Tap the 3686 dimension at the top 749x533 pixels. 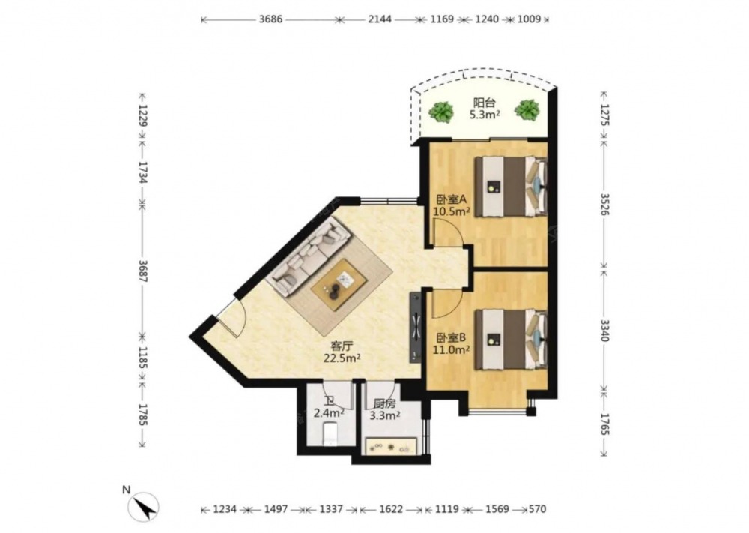coord(270,19)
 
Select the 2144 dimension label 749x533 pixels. coord(380,19)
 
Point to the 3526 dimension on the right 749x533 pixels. coord(604,204)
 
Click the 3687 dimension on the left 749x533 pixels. coord(142,271)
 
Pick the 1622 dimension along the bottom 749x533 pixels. coord(391,510)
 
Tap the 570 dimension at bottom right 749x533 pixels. coord(537,510)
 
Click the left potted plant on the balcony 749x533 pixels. coord(441,112)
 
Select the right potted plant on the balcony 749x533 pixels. coord(527,110)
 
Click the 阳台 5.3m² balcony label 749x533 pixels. coord(485,109)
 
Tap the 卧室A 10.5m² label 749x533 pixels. coord(451,205)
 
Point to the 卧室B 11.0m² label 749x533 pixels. coord(451,343)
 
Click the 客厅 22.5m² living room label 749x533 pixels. coord(342,352)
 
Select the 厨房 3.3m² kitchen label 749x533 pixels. coord(385,409)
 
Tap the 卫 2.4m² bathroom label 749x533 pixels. coord(329,407)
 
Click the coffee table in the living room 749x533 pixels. coord(339,284)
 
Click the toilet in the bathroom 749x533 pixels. coord(330,433)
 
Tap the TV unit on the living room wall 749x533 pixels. coord(416,328)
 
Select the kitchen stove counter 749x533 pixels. coord(395,448)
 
